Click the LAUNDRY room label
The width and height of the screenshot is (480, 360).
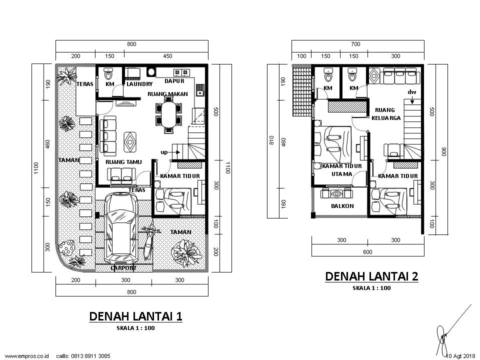[139, 84]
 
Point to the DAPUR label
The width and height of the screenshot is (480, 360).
[174, 81]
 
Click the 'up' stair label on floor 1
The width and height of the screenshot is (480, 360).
[164, 152]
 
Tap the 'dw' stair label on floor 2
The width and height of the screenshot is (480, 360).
[411, 92]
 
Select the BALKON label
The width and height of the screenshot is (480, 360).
[342, 206]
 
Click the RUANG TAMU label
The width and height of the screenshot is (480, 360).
[123, 162]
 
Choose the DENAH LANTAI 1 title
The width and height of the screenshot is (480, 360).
[135, 316]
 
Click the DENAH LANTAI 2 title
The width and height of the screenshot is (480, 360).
[371, 276]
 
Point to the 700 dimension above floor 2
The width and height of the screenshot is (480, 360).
[355, 44]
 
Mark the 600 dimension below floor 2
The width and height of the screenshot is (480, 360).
[367, 252]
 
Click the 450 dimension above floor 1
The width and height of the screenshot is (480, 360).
[167, 56]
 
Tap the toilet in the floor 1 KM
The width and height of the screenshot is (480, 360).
[108, 73]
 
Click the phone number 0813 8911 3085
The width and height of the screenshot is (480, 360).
[90, 356]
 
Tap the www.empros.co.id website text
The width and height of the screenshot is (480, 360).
[27, 356]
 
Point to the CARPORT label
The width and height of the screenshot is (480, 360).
[123, 268]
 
